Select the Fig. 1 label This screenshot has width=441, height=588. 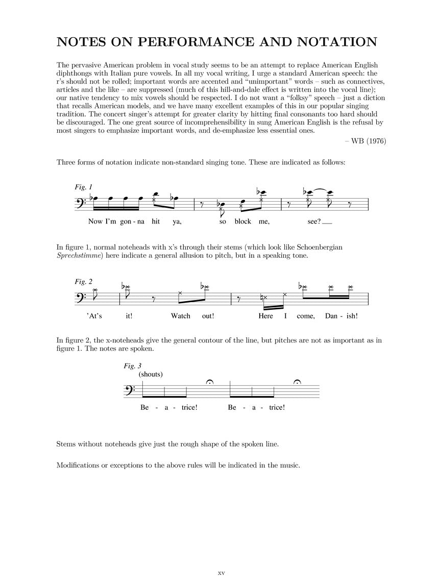83,187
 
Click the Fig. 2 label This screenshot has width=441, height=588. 83,281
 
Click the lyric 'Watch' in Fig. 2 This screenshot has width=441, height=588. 180,316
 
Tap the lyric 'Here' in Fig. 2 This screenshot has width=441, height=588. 265,316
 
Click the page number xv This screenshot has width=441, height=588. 221,573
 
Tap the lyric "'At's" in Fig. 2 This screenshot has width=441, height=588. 94,316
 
